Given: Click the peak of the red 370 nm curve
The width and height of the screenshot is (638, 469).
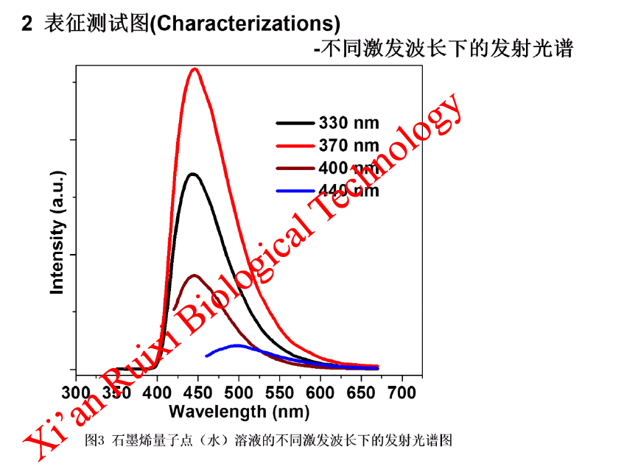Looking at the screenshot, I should [x=194, y=69].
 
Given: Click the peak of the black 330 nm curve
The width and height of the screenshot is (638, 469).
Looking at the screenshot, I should [x=193, y=174].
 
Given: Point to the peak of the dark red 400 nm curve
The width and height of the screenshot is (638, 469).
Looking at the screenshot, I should [x=194, y=275].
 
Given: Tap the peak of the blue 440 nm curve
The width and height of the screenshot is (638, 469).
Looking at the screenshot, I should [x=236, y=345].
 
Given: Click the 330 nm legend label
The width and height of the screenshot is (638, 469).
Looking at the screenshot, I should [x=349, y=123].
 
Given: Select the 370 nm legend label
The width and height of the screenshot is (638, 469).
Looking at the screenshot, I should [x=349, y=145].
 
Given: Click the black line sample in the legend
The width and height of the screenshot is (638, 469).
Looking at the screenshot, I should [x=296, y=123].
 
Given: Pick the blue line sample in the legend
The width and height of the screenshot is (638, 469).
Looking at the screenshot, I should [x=296, y=191].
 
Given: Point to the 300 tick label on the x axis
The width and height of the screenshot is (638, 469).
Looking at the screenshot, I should [x=77, y=391].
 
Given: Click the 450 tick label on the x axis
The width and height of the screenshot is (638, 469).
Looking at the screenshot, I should [x=198, y=391].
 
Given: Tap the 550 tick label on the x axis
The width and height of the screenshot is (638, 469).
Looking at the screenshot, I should [x=279, y=391].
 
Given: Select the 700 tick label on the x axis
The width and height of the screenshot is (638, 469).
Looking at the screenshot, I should [x=402, y=391].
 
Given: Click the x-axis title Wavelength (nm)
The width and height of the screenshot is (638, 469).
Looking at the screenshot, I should [x=239, y=411].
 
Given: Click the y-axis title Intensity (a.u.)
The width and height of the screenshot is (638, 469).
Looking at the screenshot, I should [x=57, y=233].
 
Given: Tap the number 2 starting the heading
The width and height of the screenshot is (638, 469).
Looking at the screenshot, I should [x=27, y=24].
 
